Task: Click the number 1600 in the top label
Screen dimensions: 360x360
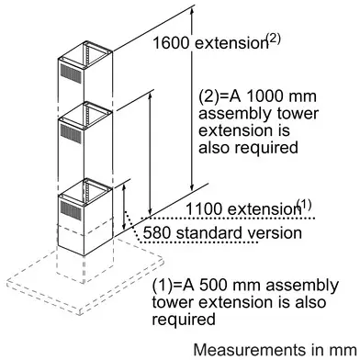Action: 171,43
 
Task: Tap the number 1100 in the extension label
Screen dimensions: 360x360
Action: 204,209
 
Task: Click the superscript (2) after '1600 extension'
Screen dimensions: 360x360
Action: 273,39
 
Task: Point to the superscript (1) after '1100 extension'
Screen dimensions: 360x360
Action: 304,206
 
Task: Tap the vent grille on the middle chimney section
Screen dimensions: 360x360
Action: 71,134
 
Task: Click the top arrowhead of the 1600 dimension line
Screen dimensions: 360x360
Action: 192,12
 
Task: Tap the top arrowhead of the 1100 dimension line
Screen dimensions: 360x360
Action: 150,97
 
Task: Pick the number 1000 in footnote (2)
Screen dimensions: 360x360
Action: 264,96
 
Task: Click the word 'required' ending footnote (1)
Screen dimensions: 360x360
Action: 184,320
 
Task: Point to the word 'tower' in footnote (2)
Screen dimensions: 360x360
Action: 298,114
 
